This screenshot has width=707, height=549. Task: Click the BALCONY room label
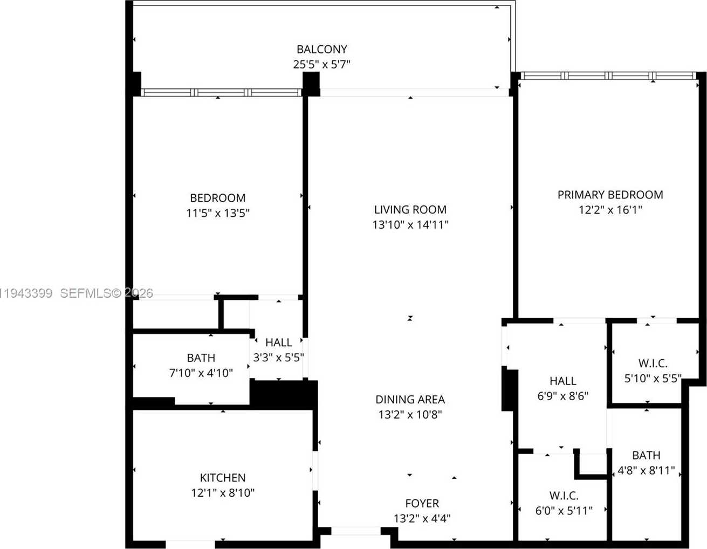[x=321, y=49]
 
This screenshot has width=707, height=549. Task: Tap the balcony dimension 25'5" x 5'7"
[x=321, y=65]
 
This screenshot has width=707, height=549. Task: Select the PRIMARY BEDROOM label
[x=610, y=195]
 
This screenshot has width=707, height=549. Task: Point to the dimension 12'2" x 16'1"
[x=610, y=210]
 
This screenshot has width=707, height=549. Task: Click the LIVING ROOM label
[x=410, y=209]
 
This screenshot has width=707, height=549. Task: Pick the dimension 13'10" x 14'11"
[x=410, y=224]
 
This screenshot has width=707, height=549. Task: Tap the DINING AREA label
[x=410, y=399]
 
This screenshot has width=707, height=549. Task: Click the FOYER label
[x=422, y=503]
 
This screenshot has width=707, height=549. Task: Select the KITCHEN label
[x=222, y=477]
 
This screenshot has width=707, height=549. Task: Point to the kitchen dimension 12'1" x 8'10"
[x=222, y=492]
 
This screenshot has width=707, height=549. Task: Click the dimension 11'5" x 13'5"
[x=217, y=213]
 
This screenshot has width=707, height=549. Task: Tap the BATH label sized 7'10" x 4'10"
[x=201, y=358]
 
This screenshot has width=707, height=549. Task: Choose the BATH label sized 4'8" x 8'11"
[x=646, y=455]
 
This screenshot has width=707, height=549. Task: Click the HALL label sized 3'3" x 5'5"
[x=278, y=342]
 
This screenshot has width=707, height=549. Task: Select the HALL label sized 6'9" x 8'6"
[x=562, y=381]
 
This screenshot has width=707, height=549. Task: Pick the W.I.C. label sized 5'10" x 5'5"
[x=653, y=363]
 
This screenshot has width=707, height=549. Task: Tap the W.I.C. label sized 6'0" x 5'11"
[x=564, y=495]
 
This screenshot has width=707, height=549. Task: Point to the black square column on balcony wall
[x=311, y=84]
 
